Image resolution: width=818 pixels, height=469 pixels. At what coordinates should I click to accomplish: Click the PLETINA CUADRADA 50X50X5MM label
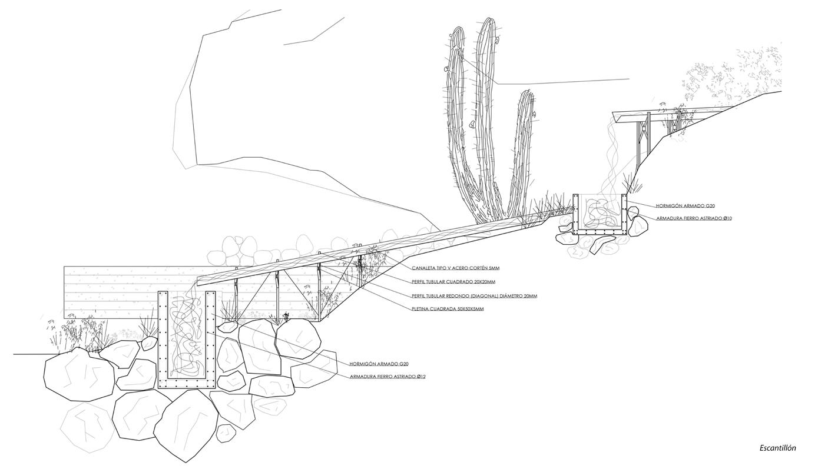pyautogui.click(x=448, y=309)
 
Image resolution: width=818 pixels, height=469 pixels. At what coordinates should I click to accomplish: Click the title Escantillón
pyautogui.click(x=777, y=448)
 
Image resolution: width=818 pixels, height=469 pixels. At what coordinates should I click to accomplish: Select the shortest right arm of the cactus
pyautogui.click(x=522, y=153)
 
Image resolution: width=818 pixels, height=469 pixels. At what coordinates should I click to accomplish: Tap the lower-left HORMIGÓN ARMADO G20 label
pyautogui.click(x=379, y=364)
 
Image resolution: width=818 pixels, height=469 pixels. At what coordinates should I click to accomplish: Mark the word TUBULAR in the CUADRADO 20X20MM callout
pyautogui.click(x=439, y=282)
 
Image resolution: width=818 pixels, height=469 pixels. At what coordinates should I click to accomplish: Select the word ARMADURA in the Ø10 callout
pyautogui.click(x=669, y=218)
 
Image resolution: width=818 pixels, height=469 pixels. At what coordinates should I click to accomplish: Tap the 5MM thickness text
pyautogui.click(x=494, y=268)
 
